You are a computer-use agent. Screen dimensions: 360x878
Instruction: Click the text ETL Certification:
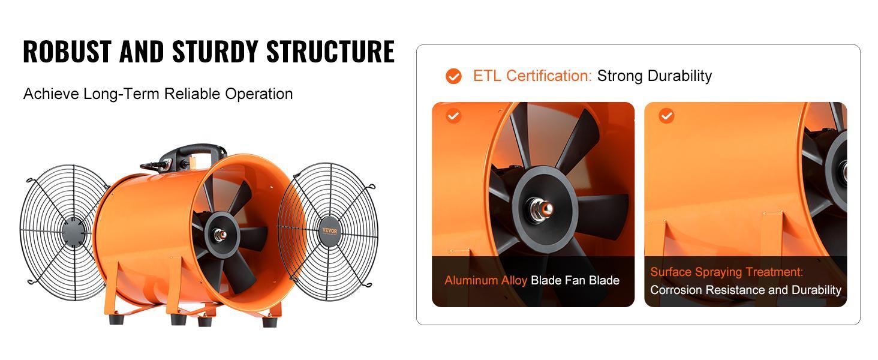[x=532, y=76]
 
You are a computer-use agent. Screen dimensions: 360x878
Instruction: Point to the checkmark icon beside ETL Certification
[x=453, y=76]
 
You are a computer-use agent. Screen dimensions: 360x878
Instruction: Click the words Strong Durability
[x=654, y=76]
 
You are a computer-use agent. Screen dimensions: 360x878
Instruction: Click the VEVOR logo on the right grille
[x=330, y=230]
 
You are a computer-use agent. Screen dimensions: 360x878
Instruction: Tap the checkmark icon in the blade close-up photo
[x=453, y=115]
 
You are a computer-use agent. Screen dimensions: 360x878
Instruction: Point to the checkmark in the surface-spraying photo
[x=666, y=115]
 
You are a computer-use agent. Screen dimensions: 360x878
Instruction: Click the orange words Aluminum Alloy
[x=485, y=280]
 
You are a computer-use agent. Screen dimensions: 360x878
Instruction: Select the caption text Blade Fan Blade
[x=575, y=280]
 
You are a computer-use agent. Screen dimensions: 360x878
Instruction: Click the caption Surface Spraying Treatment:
[x=726, y=272]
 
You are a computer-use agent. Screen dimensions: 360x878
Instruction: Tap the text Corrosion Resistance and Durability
[x=745, y=290]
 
